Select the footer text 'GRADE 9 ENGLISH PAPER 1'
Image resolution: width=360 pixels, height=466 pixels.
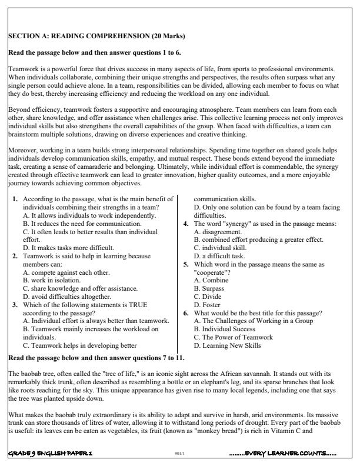tap(50, 454)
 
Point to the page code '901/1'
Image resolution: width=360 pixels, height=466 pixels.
tap(181, 454)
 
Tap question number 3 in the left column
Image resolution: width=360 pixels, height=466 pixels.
tap(15, 305)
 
